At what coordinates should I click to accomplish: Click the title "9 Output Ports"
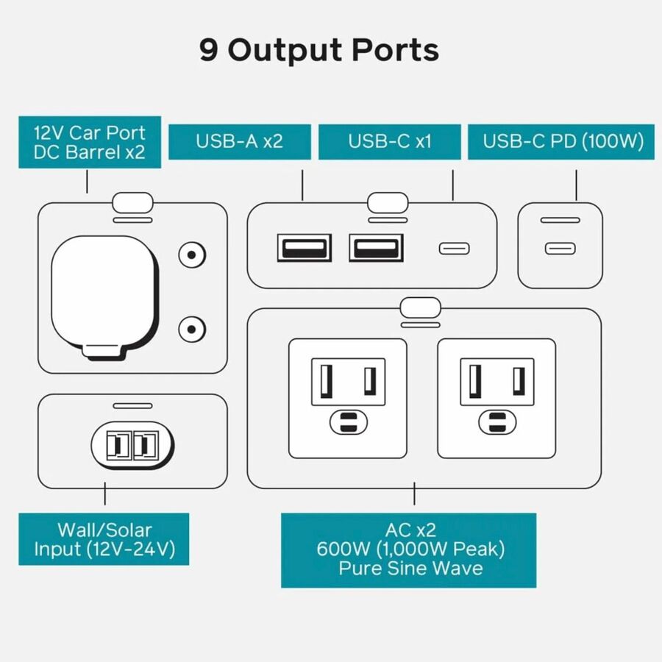coord(318,50)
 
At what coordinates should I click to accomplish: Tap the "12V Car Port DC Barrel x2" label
coord(90,143)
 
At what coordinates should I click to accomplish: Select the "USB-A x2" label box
coord(239,141)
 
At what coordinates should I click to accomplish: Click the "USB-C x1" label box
coord(389,141)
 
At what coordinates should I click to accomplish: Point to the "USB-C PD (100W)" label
coord(563,141)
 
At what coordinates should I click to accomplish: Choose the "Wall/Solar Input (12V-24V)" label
coord(104,539)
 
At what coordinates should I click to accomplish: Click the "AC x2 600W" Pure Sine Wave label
coord(409,549)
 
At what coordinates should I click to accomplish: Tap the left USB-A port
coord(304,247)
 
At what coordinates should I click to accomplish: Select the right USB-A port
coord(376,247)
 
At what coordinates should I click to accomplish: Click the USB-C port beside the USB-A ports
coord(454,248)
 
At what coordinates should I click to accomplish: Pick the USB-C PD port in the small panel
coord(560,248)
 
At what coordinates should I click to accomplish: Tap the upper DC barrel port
coord(191,255)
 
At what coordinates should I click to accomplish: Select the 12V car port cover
coord(104,294)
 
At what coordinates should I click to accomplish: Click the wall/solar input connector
coord(132,445)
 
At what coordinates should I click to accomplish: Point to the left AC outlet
coord(347,397)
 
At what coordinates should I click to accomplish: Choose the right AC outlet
coord(496,397)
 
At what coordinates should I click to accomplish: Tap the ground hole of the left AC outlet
coord(347,423)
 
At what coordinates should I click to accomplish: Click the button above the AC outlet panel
coord(420,305)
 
